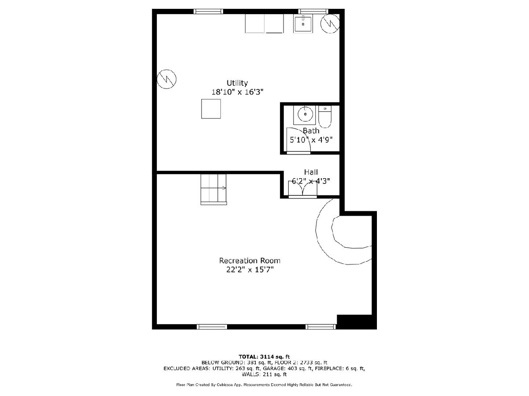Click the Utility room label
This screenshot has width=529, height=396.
point(237,83)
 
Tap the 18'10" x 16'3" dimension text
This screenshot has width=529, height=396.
point(237,92)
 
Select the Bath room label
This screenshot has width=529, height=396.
point(311,131)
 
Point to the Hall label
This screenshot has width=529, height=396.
point(311,172)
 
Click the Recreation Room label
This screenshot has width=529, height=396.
point(250,260)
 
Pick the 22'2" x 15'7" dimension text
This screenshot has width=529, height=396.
point(250,270)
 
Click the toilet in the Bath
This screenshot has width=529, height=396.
point(325,117)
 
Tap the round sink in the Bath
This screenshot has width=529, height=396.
point(305,114)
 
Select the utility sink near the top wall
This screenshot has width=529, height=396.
point(303,24)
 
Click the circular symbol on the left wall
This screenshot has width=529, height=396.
point(167,79)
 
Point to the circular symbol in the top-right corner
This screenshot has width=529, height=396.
point(330,24)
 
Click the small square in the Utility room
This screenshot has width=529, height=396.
point(211,109)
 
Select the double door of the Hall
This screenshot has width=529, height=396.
point(303,190)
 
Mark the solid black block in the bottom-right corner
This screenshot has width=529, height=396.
point(356,322)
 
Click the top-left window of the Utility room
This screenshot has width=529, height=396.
point(208,11)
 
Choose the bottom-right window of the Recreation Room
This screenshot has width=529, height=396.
point(320,327)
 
